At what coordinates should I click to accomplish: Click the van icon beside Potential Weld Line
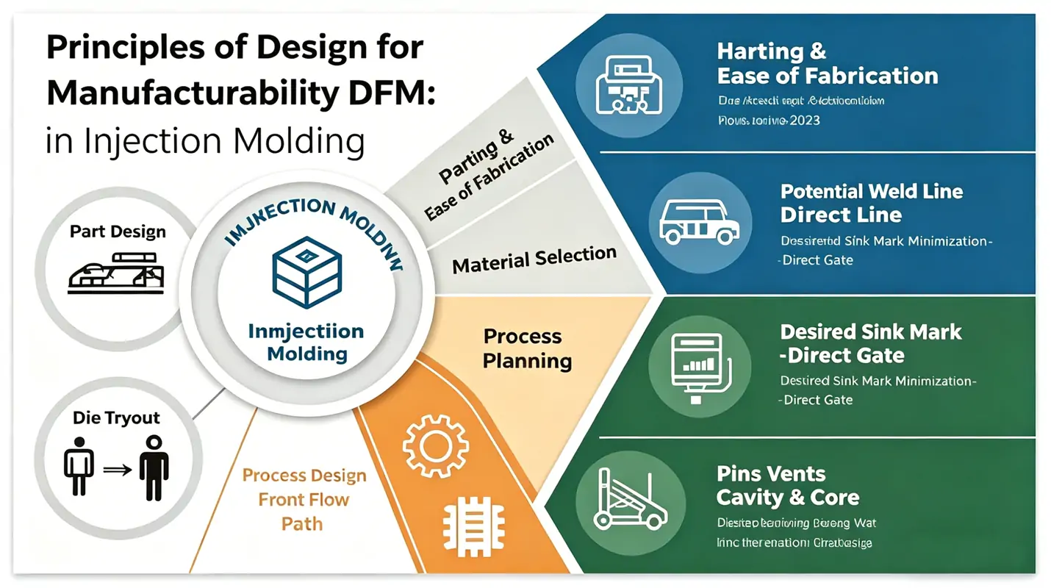coord(700,223)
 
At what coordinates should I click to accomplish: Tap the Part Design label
coord(118,232)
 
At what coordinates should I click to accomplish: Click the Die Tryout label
coord(117,418)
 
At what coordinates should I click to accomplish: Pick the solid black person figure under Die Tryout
coord(154,467)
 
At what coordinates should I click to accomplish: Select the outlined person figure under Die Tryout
coord(79,467)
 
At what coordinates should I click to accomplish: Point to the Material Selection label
coord(534,259)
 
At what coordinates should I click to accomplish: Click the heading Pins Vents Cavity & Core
coord(787,485)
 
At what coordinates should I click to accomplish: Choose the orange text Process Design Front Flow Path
coord(304,499)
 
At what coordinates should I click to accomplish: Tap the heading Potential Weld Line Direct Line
coord(871,203)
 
